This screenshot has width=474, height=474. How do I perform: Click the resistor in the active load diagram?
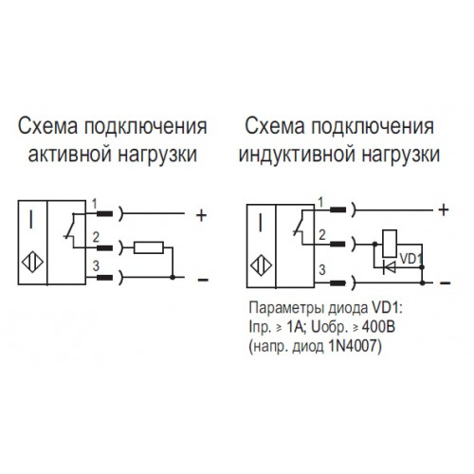pos(149,247)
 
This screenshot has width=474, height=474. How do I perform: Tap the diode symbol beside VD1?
pos(390,267)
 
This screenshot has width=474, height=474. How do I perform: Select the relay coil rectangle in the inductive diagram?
pos(390,244)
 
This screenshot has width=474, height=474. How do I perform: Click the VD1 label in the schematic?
pos(411,259)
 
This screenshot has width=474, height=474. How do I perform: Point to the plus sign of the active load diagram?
pos(201,216)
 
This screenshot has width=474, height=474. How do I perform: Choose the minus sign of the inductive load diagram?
pos(445,283)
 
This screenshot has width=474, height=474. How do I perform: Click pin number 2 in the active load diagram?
pos(96,237)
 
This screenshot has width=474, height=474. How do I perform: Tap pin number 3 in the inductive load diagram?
pos(322,269)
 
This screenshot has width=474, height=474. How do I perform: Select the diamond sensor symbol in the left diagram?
pos(32,262)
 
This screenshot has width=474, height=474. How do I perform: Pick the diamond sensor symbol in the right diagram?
pos(261,265)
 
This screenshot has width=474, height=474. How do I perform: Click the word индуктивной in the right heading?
pos(296,155)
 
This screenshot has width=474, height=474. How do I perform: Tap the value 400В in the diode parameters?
pos(378,328)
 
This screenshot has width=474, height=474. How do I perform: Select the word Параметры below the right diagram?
pos(286,308)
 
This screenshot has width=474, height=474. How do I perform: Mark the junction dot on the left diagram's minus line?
pos(173,278)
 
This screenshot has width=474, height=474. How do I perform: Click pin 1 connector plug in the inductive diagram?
pos(337,210)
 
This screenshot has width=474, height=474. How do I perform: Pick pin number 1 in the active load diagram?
pos(95,204)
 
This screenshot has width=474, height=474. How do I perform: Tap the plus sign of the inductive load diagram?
pos(444,210)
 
